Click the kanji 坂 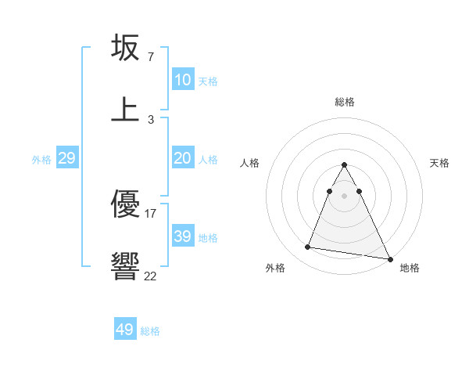(x=126, y=49)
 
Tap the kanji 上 (x=126, y=109)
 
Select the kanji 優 (x=126, y=206)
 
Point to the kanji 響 (x=126, y=266)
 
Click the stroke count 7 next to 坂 (x=151, y=58)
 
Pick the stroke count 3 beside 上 (x=151, y=119)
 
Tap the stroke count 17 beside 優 (x=151, y=213)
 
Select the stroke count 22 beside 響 (x=151, y=275)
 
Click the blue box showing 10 (x=182, y=80)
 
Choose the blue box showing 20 (x=182, y=158)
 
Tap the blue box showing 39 (x=182, y=236)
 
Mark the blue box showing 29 (x=66, y=158)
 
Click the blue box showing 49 (x=125, y=330)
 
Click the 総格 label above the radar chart (x=345, y=102)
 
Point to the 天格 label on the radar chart (x=440, y=163)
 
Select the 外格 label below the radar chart (x=275, y=268)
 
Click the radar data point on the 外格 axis (x=307, y=247)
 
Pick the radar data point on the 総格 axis (x=344, y=165)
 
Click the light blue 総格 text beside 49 (x=150, y=331)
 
